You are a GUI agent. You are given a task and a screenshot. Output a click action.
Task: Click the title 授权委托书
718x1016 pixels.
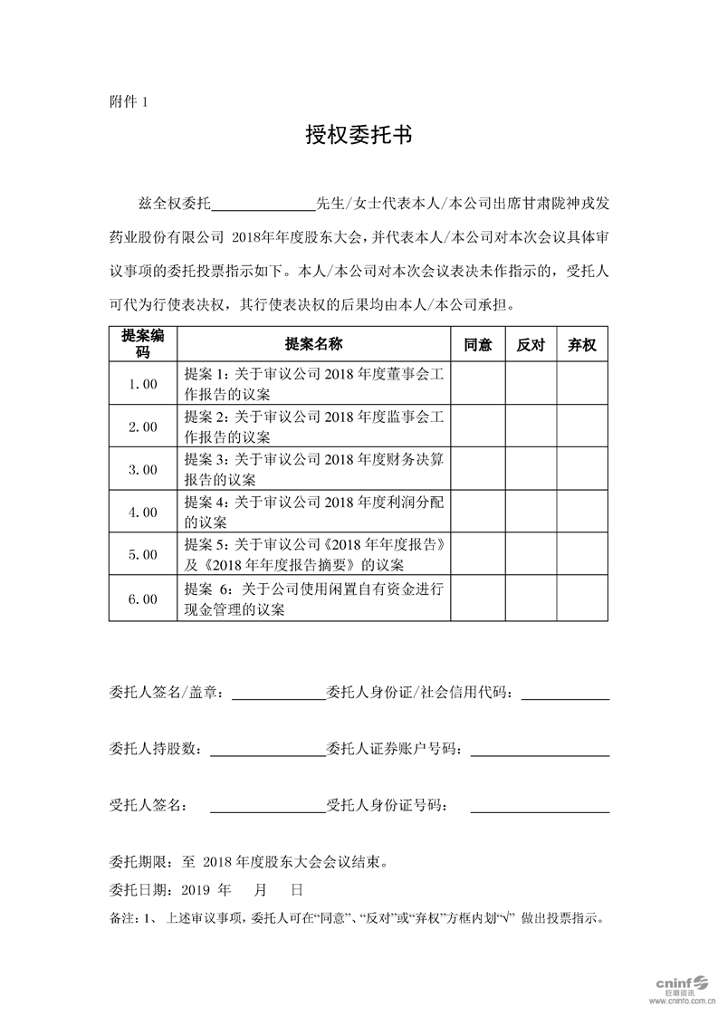pyautogui.click(x=359, y=137)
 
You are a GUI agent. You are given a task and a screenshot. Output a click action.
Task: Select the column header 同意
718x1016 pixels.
pyautogui.click(x=477, y=345)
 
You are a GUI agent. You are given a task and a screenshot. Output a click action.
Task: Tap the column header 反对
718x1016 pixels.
pyautogui.click(x=530, y=345)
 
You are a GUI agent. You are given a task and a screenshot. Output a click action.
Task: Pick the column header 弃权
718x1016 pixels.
pyautogui.click(x=581, y=345)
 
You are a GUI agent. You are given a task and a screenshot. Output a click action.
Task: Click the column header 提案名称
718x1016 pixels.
pyautogui.click(x=313, y=345)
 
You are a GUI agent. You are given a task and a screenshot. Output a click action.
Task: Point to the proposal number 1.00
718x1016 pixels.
pyautogui.click(x=143, y=384)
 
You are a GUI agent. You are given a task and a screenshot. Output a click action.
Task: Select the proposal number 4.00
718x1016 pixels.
pyautogui.click(x=143, y=513)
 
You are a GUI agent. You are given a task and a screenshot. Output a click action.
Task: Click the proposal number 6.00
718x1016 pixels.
pyautogui.click(x=143, y=599)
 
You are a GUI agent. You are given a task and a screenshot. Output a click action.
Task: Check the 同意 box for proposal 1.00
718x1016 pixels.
pyautogui.click(x=477, y=384)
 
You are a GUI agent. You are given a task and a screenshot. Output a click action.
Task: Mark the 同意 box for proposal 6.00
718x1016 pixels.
pyautogui.click(x=477, y=599)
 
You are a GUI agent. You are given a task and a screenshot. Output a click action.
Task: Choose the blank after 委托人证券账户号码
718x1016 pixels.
pyautogui.click(x=540, y=752)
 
